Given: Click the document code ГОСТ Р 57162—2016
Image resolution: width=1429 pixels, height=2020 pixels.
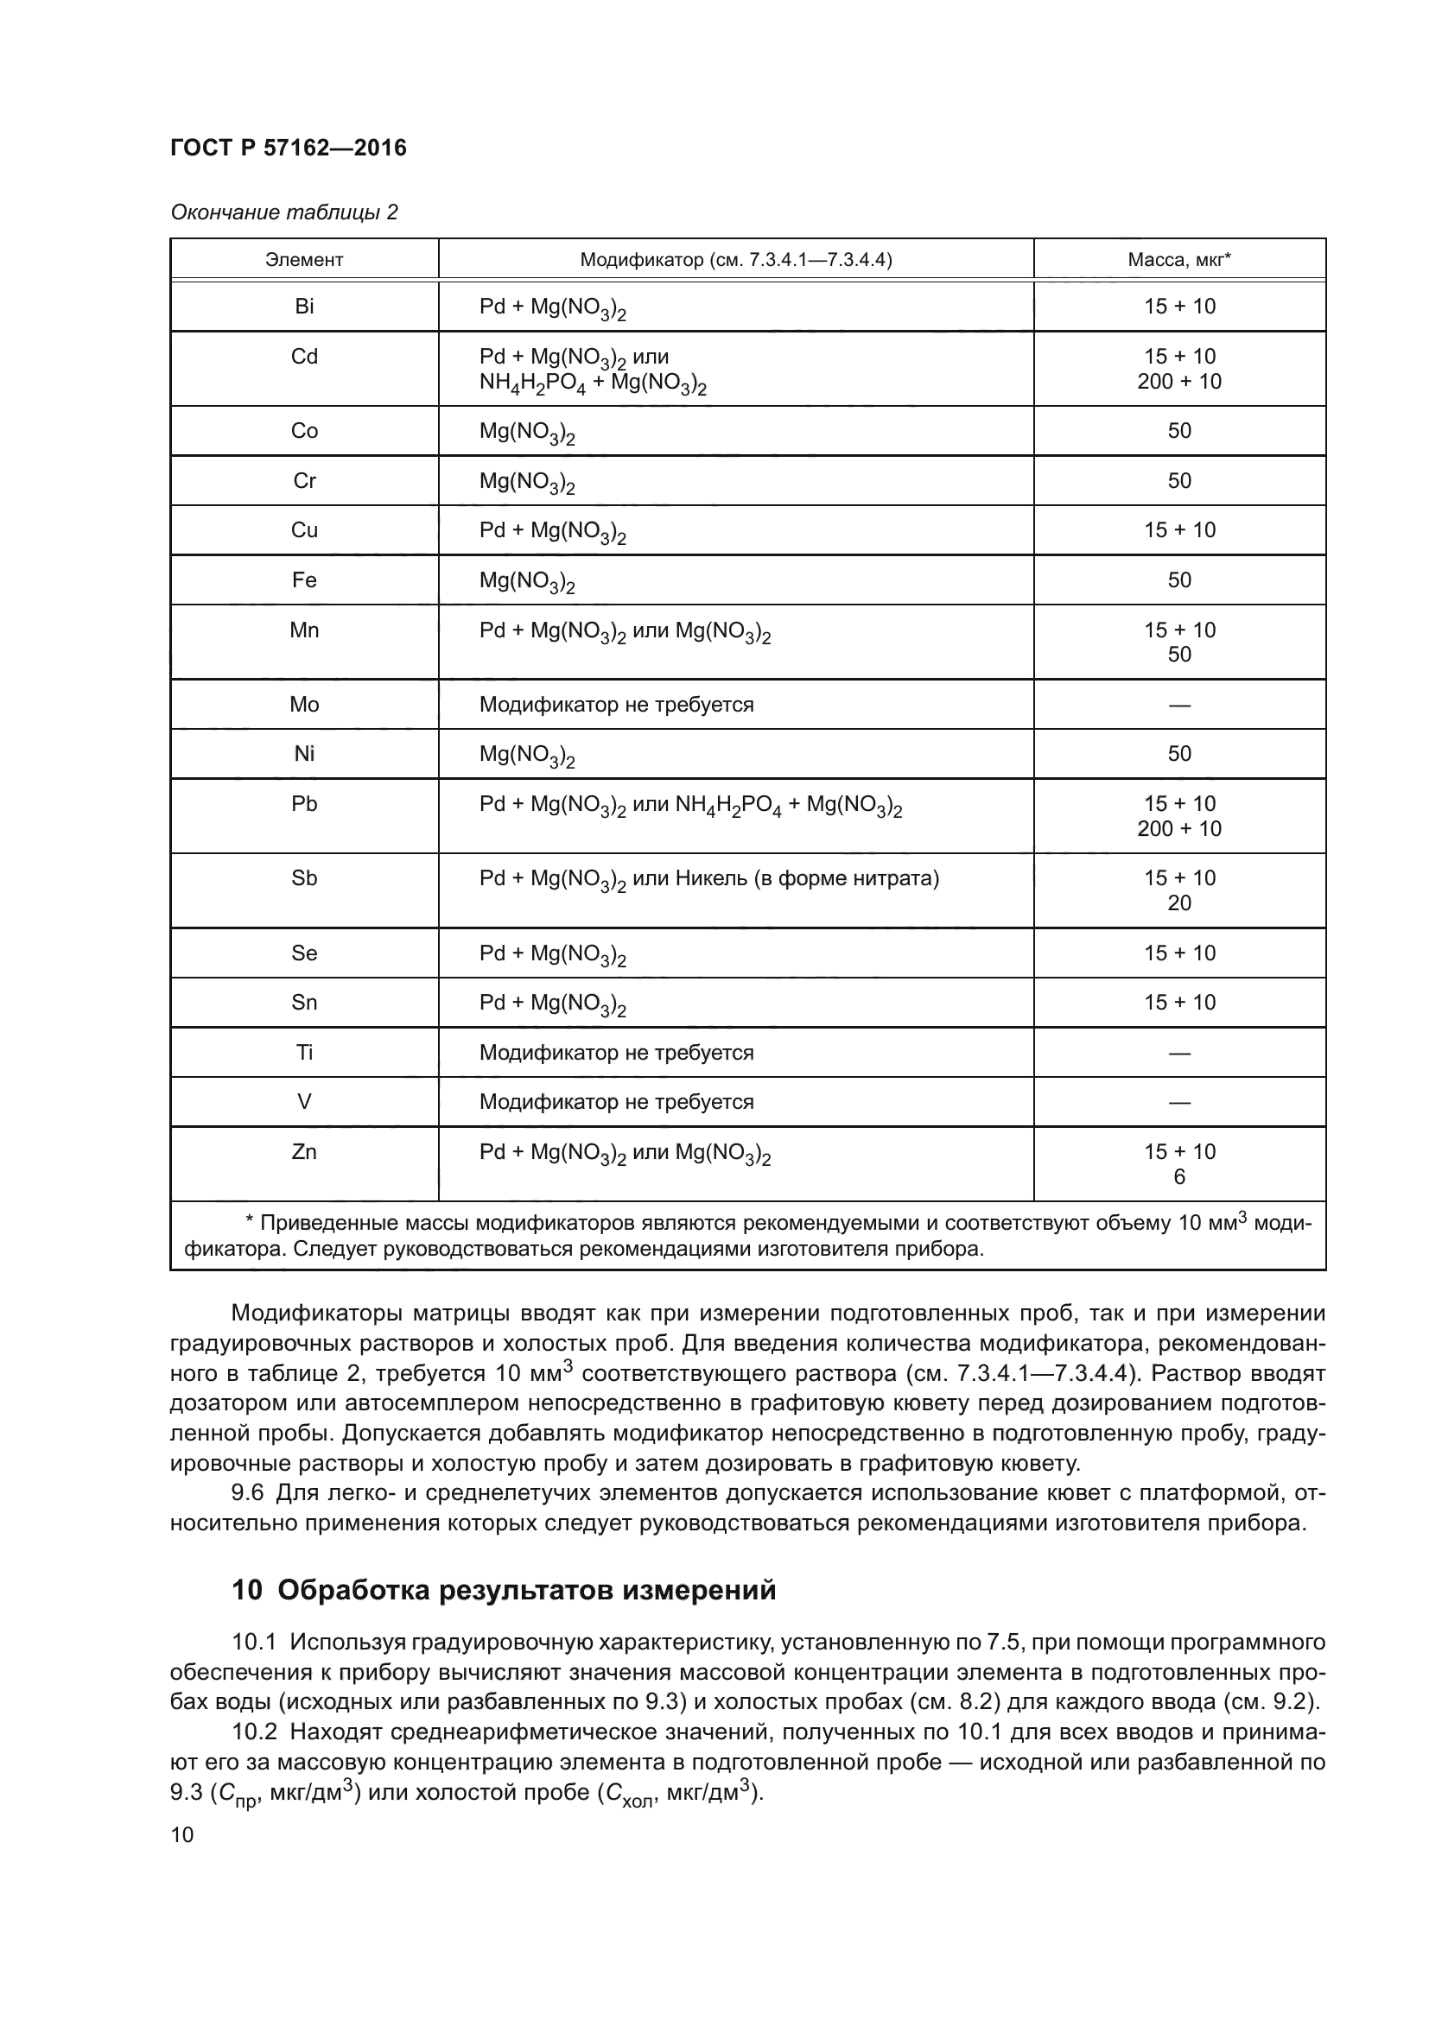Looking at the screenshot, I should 288,148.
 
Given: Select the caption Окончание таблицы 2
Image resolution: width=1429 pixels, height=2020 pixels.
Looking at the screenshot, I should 283,213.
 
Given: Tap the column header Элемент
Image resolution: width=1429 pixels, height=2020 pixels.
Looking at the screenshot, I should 303,260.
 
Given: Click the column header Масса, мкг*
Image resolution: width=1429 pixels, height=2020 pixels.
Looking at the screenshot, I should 1178,260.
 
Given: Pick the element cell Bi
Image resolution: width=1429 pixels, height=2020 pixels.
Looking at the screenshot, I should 303,307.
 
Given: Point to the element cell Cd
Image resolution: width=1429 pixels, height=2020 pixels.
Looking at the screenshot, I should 303,357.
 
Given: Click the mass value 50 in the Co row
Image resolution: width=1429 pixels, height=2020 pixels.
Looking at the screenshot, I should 1178,430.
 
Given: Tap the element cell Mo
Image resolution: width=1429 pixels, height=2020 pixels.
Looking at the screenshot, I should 303,704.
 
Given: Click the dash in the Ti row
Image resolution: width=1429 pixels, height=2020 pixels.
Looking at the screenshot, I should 1178,1053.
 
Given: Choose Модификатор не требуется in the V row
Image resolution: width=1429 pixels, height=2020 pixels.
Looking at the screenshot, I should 616,1102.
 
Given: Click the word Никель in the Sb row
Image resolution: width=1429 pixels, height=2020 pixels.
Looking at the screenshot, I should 710,878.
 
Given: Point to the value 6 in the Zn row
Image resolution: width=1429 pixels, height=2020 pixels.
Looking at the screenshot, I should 1179,1177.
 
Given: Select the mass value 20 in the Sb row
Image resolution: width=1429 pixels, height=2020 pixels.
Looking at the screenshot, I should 1178,902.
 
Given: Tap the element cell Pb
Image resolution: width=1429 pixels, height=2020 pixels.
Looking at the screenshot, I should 303,803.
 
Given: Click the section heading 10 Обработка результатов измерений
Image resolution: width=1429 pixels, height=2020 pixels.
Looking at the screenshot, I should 504,1591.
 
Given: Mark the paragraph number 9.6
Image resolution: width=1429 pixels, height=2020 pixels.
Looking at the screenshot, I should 248,1493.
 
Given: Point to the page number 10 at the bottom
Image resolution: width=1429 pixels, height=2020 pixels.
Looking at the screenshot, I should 182,1834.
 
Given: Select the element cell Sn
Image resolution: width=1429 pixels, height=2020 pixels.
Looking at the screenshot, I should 303,1002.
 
